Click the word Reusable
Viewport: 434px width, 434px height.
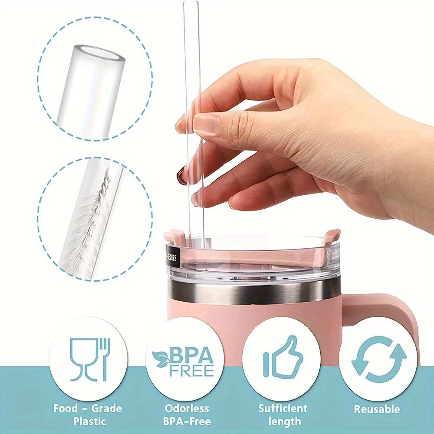point(377,408)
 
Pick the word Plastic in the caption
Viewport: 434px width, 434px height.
point(88,421)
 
